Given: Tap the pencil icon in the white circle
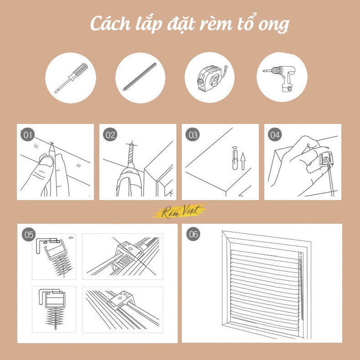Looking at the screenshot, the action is click(x=139, y=77).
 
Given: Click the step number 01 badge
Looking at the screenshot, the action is click(x=27, y=135).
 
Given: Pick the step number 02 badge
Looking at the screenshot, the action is click(x=110, y=135).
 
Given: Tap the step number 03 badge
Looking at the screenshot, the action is click(x=193, y=135).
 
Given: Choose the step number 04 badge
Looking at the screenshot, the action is click(x=275, y=135).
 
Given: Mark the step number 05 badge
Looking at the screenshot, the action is click(x=29, y=235).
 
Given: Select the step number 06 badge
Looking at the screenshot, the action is click(x=193, y=234).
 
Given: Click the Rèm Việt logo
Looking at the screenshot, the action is click(x=180, y=211).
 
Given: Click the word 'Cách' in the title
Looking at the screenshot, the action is click(x=111, y=24).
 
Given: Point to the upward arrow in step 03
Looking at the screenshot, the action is click(x=243, y=161).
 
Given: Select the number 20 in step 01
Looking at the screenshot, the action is click(x=78, y=165).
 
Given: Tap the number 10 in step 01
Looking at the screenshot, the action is click(x=36, y=146).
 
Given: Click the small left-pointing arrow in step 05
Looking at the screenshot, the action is click(x=71, y=237).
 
